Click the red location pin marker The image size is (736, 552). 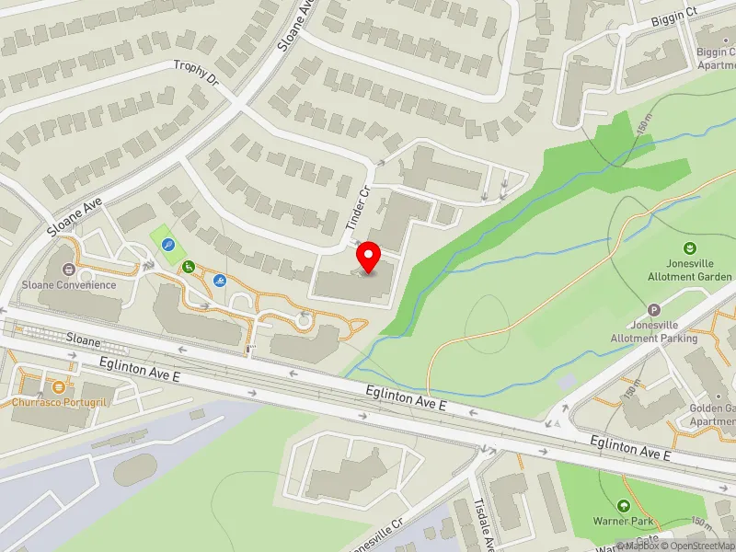[369, 256]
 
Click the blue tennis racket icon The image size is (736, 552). [168, 245]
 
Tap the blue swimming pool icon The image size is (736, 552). [220, 280]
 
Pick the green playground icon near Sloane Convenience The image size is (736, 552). [189, 268]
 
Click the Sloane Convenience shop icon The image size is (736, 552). [68, 270]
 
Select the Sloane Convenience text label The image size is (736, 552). [69, 285]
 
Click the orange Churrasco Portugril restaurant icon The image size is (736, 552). [62, 387]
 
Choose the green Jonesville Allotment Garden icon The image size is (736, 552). [689, 248]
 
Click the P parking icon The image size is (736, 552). [654, 311]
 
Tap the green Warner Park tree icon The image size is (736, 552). [624, 506]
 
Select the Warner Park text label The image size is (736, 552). [622, 521]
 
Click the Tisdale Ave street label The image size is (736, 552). [481, 522]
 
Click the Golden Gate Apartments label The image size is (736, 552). [712, 414]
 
